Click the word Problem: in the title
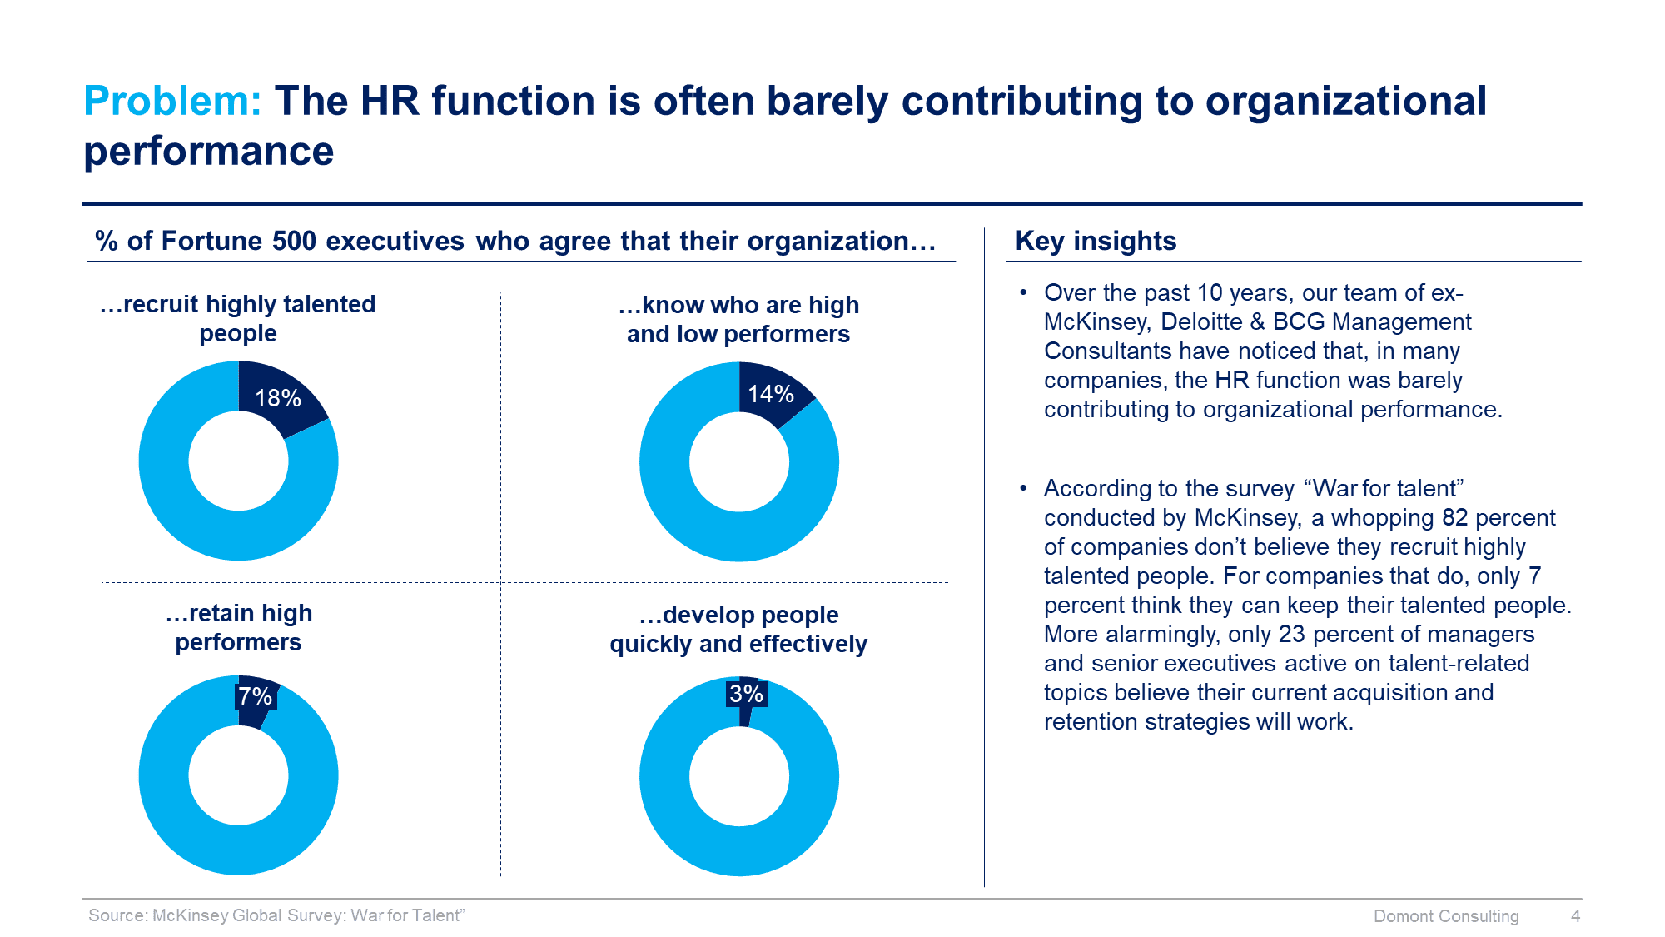[x=172, y=102]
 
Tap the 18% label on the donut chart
[x=278, y=398]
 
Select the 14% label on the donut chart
[x=771, y=394]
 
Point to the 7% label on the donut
[x=256, y=696]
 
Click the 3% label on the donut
[x=747, y=694]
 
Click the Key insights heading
[x=1096, y=241]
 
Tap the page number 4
[x=1575, y=916]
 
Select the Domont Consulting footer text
[x=1446, y=916]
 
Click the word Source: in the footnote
[x=117, y=915]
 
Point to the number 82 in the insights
[x=1454, y=517]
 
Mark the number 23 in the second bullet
[x=1291, y=634]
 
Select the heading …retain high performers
[x=238, y=628]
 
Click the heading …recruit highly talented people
[x=238, y=318]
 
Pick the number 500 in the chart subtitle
[x=294, y=241]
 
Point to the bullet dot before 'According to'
[x=1023, y=488]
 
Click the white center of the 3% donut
[x=739, y=776]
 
